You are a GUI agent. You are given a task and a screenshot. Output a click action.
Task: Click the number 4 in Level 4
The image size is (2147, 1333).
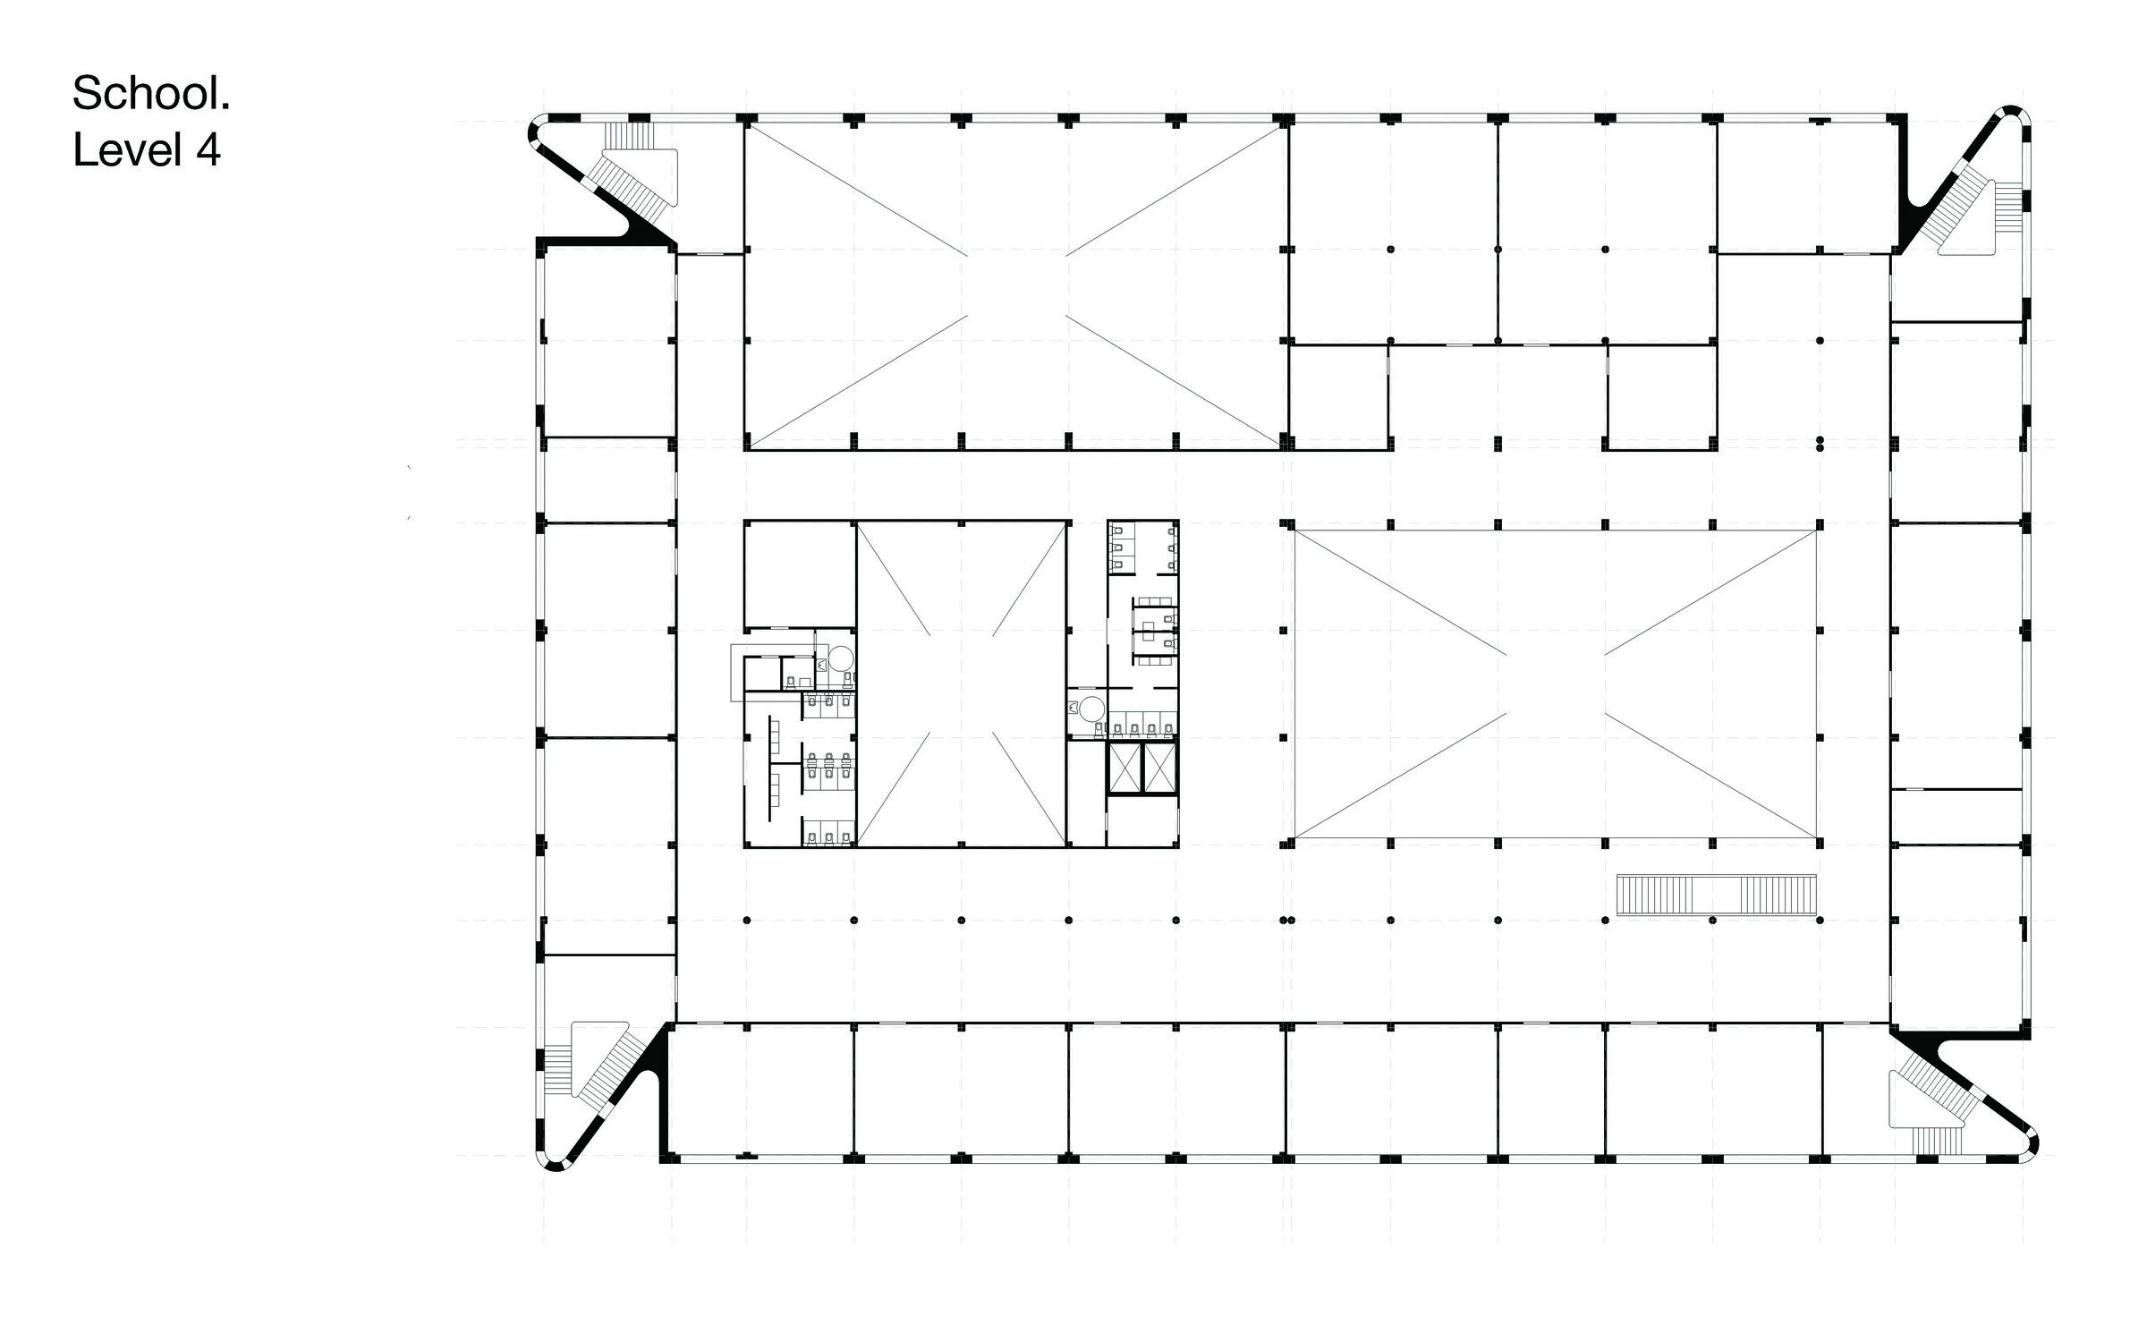click(x=208, y=150)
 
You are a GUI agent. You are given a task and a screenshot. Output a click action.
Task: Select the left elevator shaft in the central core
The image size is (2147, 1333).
click(x=1124, y=768)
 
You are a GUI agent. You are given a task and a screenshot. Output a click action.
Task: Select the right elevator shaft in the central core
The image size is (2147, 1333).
click(x=1159, y=768)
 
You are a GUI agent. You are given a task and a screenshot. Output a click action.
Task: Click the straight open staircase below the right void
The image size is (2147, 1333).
click(x=1717, y=895)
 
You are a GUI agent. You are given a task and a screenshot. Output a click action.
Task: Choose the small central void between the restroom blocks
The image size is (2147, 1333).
click(x=962, y=683)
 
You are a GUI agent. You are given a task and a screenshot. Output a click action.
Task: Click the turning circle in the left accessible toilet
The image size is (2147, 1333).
click(x=840, y=659)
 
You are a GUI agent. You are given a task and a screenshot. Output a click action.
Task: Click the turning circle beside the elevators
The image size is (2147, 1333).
click(x=1090, y=709)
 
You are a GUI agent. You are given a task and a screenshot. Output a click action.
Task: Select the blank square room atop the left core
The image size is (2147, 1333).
click(x=799, y=573)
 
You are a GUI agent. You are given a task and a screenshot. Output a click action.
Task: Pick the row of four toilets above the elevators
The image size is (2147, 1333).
click(x=1141, y=726)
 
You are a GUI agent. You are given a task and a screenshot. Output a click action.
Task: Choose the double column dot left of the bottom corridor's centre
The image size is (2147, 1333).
click(x=1286, y=920)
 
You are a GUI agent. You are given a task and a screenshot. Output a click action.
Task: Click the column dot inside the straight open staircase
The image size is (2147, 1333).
click(x=1712, y=920)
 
